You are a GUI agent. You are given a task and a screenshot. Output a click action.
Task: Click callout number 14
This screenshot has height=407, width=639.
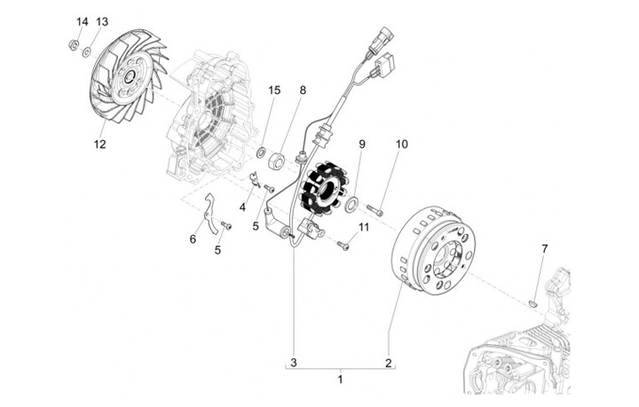(82, 20)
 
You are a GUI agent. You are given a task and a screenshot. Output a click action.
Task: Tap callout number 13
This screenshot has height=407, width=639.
(102, 20)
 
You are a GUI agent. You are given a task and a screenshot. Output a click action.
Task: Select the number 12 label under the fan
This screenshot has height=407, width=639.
(99, 142)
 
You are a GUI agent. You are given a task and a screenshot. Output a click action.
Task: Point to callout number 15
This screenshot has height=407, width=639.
(274, 90)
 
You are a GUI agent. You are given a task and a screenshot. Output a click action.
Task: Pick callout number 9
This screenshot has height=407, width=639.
(362, 144)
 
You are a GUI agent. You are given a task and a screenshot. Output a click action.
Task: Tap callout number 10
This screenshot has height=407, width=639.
(401, 144)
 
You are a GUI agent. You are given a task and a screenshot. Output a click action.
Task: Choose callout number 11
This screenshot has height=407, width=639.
(363, 228)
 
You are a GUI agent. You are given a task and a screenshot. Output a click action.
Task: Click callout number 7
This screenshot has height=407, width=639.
(545, 248)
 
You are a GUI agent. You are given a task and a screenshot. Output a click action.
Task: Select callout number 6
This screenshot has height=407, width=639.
(193, 239)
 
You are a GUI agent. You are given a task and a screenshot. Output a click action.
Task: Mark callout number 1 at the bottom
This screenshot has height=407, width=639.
(339, 379)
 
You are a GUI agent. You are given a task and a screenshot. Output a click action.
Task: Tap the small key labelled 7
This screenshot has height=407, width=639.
(532, 302)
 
